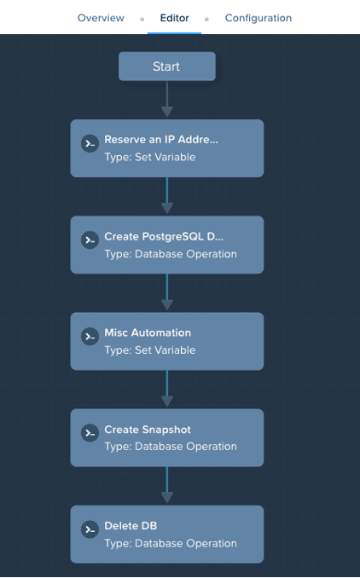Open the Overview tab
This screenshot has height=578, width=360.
(101, 18)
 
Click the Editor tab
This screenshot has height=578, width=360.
(175, 18)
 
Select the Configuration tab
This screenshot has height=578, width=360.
(258, 18)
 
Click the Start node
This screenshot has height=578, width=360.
(167, 66)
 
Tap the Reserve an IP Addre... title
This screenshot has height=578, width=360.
(161, 139)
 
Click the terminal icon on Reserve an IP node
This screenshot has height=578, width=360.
(90, 143)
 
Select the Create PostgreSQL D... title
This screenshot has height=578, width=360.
(164, 236)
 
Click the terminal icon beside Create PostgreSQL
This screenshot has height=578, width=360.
(90, 240)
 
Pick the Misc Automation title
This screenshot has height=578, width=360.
(148, 332)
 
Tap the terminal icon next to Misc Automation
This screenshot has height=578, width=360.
(90, 337)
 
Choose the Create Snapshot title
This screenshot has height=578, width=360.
(148, 430)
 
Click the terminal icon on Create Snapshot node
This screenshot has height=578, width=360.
(90, 433)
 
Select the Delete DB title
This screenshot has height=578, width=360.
(131, 526)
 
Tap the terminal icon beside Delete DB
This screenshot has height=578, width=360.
(90, 529)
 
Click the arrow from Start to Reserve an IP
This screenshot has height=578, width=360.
(167, 99)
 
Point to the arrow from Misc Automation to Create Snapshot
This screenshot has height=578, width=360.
(167, 389)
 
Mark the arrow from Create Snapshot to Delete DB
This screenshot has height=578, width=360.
(167, 485)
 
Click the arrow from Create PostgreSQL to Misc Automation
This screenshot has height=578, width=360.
(167, 292)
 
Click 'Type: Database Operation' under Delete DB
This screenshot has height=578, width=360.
(171, 543)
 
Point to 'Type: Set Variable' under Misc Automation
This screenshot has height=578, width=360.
(150, 350)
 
